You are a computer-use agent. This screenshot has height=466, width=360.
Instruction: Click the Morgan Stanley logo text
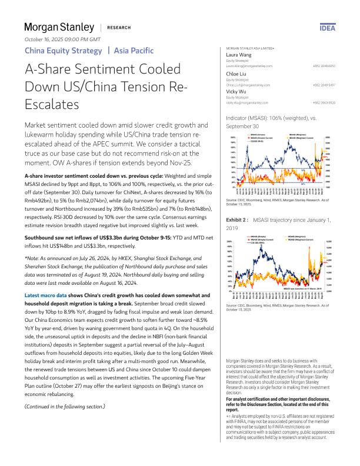point(59,27)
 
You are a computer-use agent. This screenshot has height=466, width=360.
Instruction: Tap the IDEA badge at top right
point(327,28)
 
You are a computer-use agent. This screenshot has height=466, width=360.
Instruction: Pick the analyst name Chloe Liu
point(237,73)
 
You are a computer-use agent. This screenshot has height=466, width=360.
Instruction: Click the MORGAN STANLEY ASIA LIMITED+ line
point(250,48)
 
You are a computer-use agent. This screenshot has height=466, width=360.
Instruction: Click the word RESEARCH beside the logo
point(119,28)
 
